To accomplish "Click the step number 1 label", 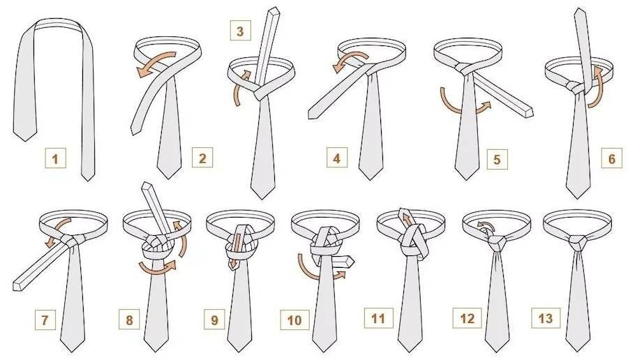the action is click(55, 158).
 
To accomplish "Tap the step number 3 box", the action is click(240, 31).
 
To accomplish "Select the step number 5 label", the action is click(497, 159).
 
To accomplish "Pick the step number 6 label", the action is click(612, 158).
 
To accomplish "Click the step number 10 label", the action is click(294, 320).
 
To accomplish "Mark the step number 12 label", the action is click(467, 318).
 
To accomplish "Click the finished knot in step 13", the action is click(577, 243).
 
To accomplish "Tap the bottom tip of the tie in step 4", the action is click(371, 179).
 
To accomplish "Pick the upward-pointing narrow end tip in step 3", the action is click(274, 9).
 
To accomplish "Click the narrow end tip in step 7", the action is click(16, 285).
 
